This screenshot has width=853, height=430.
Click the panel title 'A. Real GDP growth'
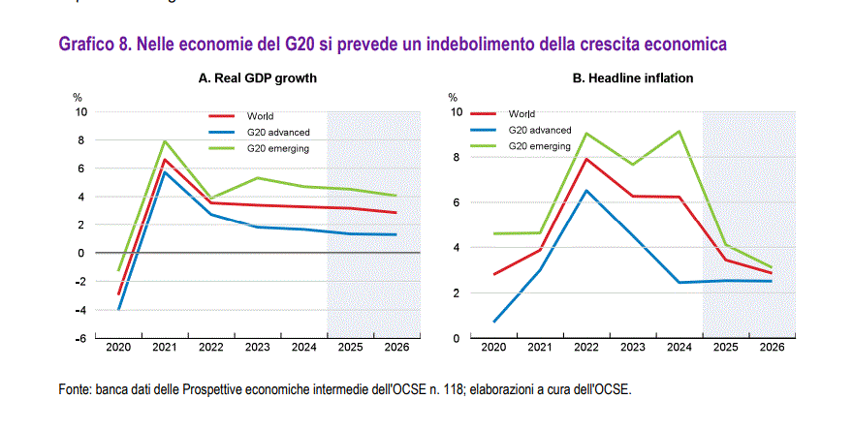(258, 77)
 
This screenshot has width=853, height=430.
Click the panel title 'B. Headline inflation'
(632, 77)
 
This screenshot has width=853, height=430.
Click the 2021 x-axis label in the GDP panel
(166, 348)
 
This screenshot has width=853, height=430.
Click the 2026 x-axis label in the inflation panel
(773, 348)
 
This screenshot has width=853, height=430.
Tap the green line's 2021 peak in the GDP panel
(165, 141)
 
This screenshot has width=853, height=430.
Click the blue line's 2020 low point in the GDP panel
(119, 309)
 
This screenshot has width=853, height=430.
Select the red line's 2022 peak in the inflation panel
(585, 159)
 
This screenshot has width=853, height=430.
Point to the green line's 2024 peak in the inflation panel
(679, 132)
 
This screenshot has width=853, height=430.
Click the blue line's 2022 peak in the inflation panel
(585, 191)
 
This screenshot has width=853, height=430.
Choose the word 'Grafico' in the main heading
(85, 45)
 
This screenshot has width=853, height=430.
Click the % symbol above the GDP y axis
(78, 98)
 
